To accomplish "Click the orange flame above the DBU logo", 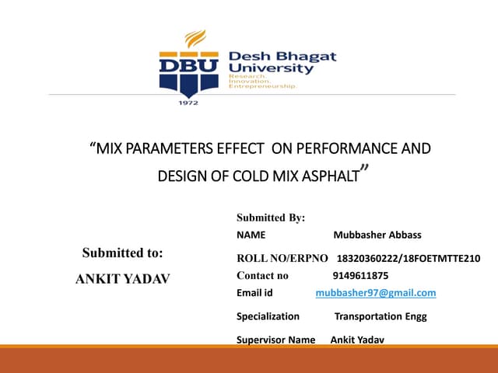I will [x=195, y=39].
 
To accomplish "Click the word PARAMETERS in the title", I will [x=167, y=148].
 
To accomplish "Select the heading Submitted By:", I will [x=271, y=218].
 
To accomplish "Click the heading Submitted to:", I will [x=123, y=253].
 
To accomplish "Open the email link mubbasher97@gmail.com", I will [x=376, y=293].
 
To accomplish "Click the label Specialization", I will [x=268, y=316].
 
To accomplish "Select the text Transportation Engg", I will [x=381, y=316].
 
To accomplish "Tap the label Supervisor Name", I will [x=275, y=340].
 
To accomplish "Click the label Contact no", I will [x=262, y=276].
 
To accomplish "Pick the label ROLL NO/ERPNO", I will [x=282, y=258].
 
